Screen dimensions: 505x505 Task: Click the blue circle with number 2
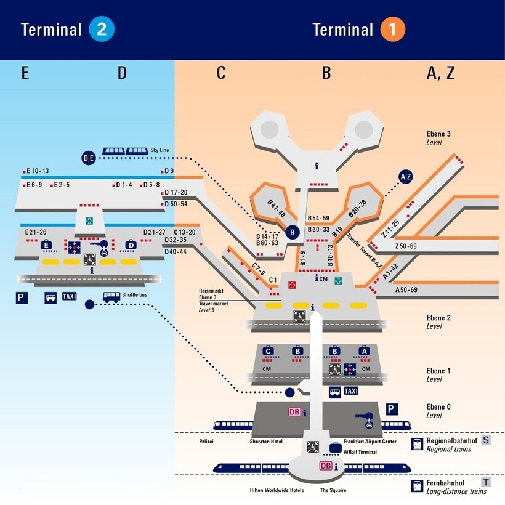101,29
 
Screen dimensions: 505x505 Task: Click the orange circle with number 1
392,29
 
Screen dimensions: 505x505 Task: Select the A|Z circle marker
406,177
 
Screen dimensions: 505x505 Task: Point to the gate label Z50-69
406,246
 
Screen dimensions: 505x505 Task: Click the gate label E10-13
37,171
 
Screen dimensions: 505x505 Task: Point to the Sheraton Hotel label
269,442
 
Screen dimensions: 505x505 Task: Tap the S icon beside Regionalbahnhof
486,440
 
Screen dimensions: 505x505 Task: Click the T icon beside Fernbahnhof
486,482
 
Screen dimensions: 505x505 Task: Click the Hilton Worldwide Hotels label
273,490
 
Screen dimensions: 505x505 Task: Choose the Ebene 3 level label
438,134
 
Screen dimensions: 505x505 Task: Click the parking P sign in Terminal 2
21,297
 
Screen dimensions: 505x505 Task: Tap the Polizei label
206,442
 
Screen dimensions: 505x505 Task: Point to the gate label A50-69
406,289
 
